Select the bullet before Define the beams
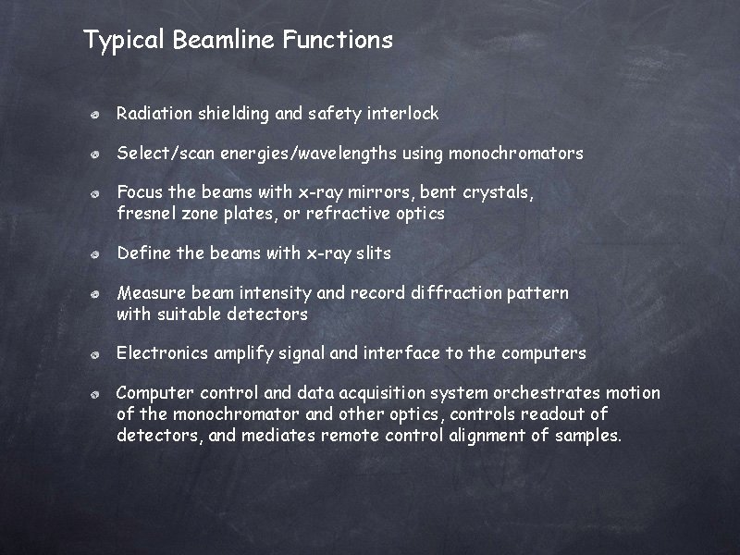pos(95,254)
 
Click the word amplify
pos(246,353)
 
